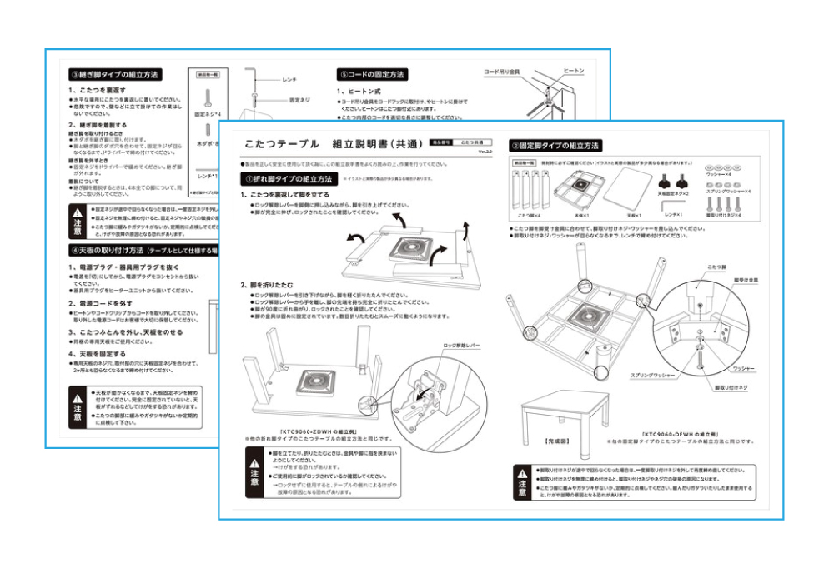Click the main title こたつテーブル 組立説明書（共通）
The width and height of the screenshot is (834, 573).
pyautogui.click(x=324, y=143)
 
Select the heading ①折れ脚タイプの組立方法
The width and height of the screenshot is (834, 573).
pyautogui.click(x=288, y=179)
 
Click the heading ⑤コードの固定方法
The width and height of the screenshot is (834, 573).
pyautogui.click(x=372, y=75)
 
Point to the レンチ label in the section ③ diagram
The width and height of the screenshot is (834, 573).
pyautogui.click(x=289, y=79)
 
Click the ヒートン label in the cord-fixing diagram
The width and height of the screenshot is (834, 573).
pyautogui.click(x=574, y=72)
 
